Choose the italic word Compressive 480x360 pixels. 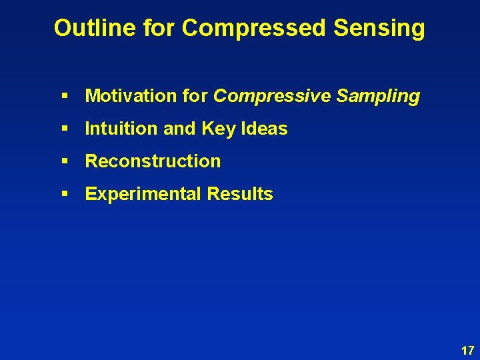pyautogui.click(x=271, y=96)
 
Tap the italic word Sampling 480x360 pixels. pyautogui.click(x=378, y=96)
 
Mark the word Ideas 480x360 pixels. pyautogui.click(x=265, y=129)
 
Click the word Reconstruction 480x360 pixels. pyautogui.click(x=153, y=161)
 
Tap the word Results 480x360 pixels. pyautogui.click(x=240, y=194)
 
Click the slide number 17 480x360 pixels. pyautogui.click(x=467, y=350)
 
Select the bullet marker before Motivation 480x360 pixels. pyautogui.click(x=65, y=97)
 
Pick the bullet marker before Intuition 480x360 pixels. pyautogui.click(x=65, y=129)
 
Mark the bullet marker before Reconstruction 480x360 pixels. pyautogui.click(x=65, y=162)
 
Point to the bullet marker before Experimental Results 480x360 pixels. pyautogui.click(x=65, y=195)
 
